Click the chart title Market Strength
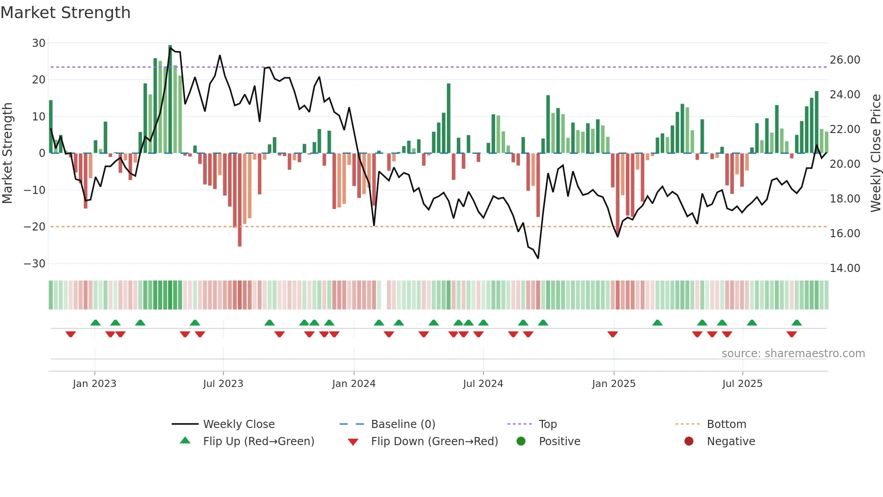(x=65, y=13)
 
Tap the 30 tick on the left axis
(x=39, y=43)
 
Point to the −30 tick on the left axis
(x=35, y=264)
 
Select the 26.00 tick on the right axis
(x=845, y=60)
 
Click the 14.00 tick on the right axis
(x=845, y=268)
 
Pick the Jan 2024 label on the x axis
(x=354, y=384)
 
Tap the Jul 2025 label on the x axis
(x=742, y=384)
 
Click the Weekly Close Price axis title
(x=875, y=153)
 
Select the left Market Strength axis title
(x=8, y=153)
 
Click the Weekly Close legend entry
(x=238, y=424)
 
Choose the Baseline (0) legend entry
(x=403, y=424)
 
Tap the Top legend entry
(x=547, y=424)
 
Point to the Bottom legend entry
(x=726, y=424)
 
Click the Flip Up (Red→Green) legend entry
(x=258, y=442)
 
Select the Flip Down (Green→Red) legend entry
(x=434, y=442)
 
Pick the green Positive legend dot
(x=521, y=442)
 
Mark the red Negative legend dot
(x=689, y=442)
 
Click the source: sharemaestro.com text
(x=793, y=354)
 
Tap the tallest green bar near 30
(x=170, y=99)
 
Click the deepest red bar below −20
(x=240, y=201)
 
